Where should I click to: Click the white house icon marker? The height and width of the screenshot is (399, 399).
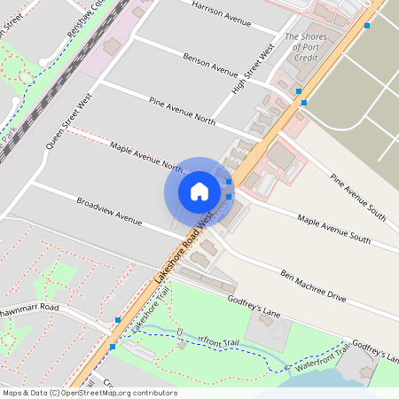pyautogui.click(x=199, y=191)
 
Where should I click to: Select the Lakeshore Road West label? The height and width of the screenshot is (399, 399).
pyautogui.click(x=184, y=247)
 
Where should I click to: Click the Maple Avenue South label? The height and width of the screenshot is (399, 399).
pyautogui.click(x=333, y=228)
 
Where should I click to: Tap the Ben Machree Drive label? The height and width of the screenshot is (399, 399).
pyautogui.click(x=312, y=286)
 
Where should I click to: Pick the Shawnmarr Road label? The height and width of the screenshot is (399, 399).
pyautogui.click(x=29, y=308)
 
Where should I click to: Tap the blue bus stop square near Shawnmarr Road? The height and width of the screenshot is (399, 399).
pyautogui.click(x=118, y=319)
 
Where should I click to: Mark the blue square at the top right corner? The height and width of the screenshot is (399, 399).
pyautogui.click(x=367, y=25)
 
